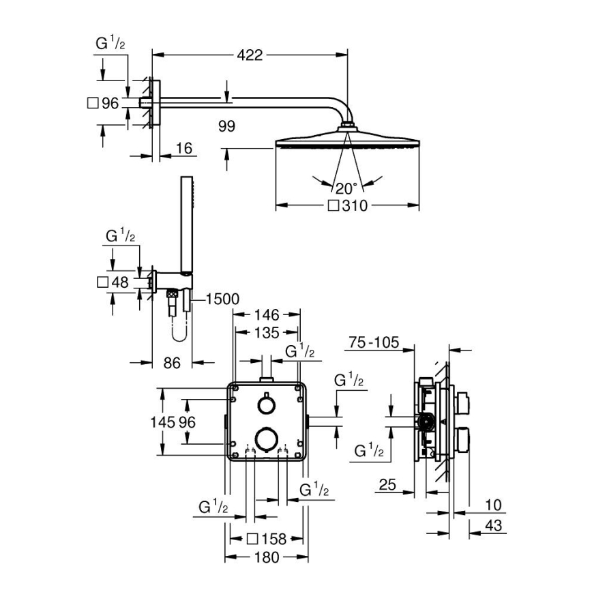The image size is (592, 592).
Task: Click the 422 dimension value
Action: click(250, 55)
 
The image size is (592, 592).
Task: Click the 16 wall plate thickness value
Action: click(184, 149)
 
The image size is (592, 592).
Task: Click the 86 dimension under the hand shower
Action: click(172, 364)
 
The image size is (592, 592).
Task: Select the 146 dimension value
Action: click(267, 315)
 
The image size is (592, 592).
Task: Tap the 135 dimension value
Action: click(267, 333)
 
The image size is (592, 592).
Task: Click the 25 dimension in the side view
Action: click(388, 485)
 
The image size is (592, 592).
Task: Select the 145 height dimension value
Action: click(167, 422)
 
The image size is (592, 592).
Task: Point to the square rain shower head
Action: click(347, 144)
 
